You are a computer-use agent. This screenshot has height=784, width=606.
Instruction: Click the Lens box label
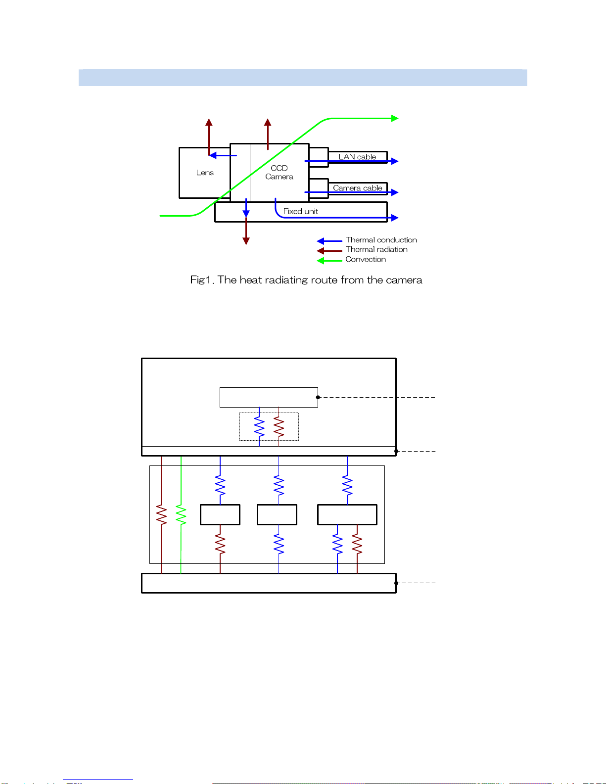[x=205, y=173]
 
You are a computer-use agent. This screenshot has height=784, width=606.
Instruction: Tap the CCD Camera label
[x=279, y=173]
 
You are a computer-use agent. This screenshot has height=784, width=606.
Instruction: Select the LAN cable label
[x=357, y=157]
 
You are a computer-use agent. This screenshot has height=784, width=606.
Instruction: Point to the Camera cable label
[x=357, y=188]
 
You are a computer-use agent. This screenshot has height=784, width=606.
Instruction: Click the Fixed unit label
[x=300, y=211]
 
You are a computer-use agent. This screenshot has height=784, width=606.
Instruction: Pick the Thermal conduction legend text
[x=381, y=240]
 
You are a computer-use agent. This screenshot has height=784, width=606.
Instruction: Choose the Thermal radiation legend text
[x=376, y=249]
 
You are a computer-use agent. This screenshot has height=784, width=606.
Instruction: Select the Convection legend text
[x=366, y=259]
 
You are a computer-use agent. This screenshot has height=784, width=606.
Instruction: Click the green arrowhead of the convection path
[x=395, y=118]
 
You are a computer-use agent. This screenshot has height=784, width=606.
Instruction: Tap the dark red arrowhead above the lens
[x=209, y=122]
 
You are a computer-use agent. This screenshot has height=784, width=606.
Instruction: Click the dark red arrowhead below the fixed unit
[x=246, y=241]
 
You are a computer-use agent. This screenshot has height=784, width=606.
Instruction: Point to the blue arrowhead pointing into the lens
[x=213, y=155]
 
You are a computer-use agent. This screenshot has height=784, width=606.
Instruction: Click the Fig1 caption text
[x=306, y=280]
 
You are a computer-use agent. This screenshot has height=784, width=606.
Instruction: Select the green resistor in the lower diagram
[x=181, y=515]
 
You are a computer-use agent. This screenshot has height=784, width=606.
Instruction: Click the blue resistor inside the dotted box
[x=259, y=426]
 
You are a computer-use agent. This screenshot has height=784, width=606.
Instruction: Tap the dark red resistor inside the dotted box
[x=279, y=426]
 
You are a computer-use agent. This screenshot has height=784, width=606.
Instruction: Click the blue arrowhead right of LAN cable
[x=395, y=161]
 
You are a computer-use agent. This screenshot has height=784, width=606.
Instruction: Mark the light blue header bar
[x=303, y=78]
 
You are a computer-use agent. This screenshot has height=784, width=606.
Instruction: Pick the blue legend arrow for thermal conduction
[x=329, y=241]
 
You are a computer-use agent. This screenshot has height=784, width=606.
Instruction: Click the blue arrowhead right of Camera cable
[x=395, y=192]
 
